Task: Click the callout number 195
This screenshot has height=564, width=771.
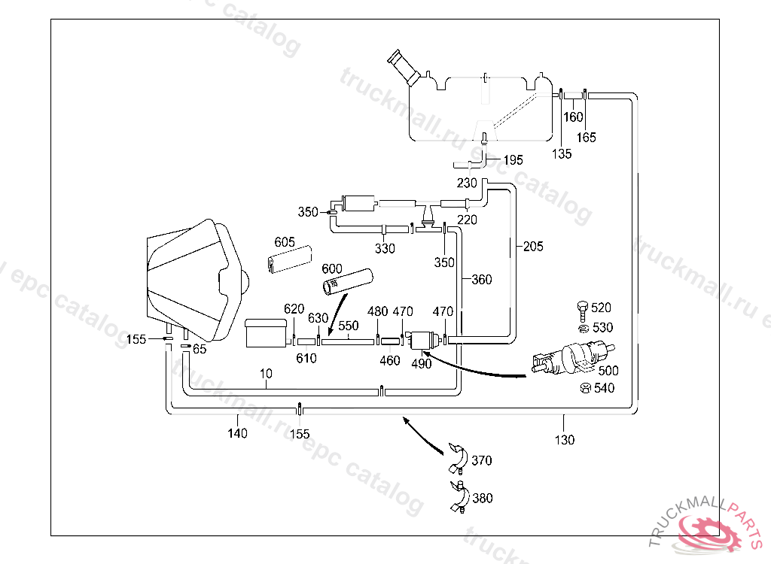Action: [x=513, y=160]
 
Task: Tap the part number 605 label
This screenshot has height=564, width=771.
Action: [x=285, y=241]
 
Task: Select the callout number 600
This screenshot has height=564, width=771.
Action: [x=332, y=268]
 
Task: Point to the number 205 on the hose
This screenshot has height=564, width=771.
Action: [x=533, y=246]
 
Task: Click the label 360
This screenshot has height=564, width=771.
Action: [x=482, y=280]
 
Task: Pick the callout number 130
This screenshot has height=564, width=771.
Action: [x=565, y=440]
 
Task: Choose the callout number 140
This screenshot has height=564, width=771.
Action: [x=237, y=433]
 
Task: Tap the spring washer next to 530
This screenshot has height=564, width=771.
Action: [x=583, y=329]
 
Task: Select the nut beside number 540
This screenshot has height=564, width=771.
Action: [x=584, y=388]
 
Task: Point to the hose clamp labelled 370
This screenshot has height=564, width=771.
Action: [x=458, y=459]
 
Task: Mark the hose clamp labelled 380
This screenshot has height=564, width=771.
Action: [x=459, y=497]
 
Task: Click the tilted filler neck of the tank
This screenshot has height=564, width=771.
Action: [x=404, y=68]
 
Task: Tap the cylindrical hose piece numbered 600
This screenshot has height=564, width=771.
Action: [x=348, y=282]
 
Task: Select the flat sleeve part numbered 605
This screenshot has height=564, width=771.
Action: [x=290, y=259]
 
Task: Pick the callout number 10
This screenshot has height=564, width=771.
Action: [x=266, y=374]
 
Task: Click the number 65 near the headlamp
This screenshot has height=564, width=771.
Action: [x=200, y=350]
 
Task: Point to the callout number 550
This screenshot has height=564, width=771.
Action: [x=349, y=326]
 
